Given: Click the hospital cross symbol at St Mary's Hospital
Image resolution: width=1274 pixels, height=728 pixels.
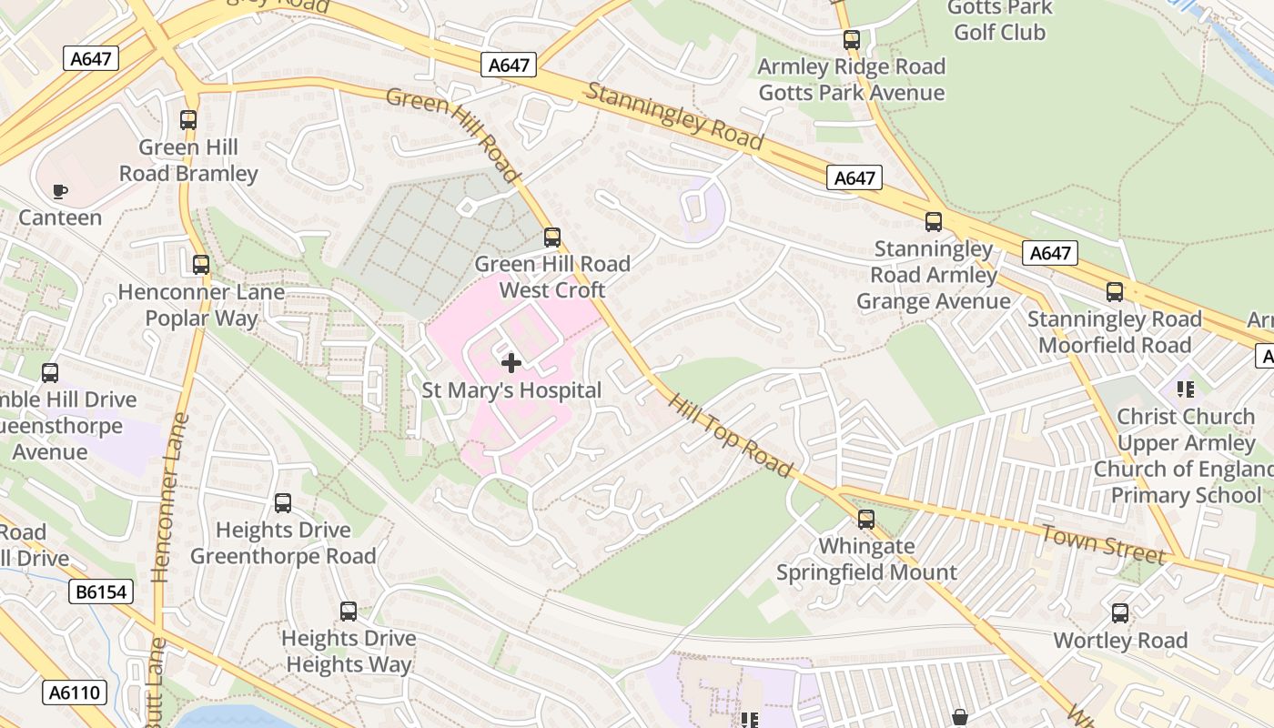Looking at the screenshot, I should coord(511,363).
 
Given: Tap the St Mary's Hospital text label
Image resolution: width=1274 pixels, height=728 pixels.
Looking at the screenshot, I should coord(511,390).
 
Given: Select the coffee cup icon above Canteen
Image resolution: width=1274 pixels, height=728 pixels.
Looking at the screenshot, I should coord(60,191).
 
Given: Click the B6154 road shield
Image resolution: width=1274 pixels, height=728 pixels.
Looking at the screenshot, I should coord(101,592).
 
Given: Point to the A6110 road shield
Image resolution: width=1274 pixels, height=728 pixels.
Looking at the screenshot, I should coord(75,693).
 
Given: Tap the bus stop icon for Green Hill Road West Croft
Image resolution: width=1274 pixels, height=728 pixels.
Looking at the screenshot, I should coord(552,238).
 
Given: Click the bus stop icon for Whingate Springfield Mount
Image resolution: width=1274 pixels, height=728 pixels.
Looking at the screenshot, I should coord(866,520).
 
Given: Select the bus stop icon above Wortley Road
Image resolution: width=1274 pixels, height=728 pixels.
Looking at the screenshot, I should coord(1120,613).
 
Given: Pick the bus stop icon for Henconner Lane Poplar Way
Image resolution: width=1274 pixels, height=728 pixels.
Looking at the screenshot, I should coord(201,265).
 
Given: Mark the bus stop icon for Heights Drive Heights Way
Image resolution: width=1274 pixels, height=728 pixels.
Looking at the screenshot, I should coord(349,612).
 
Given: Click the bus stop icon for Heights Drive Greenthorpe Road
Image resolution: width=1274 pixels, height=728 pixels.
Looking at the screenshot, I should coord(283,503).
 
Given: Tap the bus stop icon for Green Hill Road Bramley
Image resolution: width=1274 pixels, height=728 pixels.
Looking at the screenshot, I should coord(188,120).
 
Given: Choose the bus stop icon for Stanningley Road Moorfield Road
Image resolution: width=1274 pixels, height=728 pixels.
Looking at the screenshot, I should coord(1115,292).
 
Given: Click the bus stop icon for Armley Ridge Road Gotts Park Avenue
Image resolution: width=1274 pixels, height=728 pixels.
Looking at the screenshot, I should coord(852,40).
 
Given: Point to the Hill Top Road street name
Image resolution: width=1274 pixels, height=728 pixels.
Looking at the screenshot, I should coord(730,435).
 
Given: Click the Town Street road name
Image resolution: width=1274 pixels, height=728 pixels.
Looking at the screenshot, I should coord(1102,543).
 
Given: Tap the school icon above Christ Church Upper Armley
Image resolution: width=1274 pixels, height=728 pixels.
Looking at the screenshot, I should coord(1185,389).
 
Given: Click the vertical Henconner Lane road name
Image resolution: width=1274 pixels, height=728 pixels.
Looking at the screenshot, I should coord(169,497).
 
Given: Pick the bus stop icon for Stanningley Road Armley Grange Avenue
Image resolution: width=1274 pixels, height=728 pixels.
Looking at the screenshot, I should coord(934,222).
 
